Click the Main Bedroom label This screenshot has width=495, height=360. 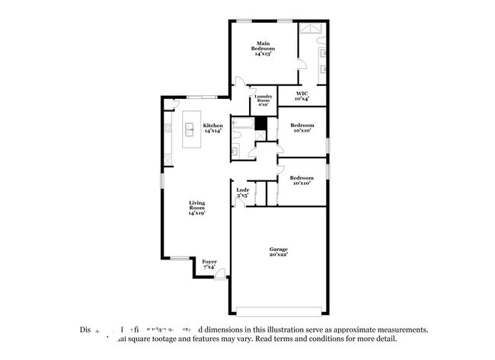263,49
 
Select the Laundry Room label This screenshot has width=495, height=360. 263,100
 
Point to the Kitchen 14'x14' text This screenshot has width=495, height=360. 212,128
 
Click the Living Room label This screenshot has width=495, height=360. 197,208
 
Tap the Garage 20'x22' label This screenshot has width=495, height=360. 279,252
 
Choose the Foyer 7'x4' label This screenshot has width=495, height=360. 209,264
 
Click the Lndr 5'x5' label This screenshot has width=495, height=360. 242,193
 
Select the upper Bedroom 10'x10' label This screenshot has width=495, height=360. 302,127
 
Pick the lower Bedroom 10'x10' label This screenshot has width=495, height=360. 302,180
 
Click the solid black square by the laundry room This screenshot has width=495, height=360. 261,124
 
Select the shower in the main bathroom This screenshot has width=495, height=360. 312,30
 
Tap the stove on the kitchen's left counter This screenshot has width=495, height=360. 164,127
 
